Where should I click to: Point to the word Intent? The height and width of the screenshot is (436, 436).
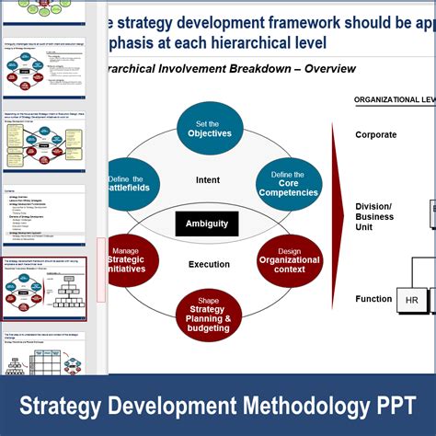pos(209,180)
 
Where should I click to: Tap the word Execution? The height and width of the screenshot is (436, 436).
pos(209,264)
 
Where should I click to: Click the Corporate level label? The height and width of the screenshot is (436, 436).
pos(376,135)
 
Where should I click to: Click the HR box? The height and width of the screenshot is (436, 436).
pos(410,299)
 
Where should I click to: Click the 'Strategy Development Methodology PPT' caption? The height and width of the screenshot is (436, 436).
pos(218,405)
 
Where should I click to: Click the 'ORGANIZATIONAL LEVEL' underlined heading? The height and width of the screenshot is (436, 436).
pos(395,99)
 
